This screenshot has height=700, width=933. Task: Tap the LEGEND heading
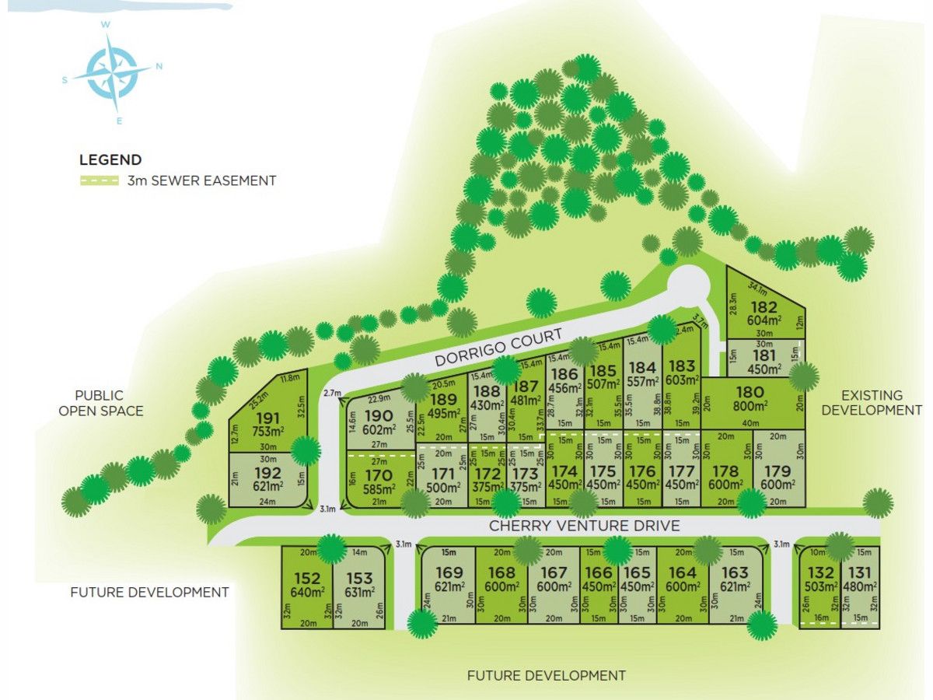(110, 160)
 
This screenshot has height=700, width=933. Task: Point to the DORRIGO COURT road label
(499, 348)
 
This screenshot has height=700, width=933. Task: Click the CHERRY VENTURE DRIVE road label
(584, 526)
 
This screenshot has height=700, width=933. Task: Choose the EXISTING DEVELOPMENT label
(871, 403)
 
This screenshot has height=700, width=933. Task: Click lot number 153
(360, 579)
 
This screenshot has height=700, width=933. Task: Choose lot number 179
(777, 471)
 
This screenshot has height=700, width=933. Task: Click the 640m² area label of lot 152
(307, 592)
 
